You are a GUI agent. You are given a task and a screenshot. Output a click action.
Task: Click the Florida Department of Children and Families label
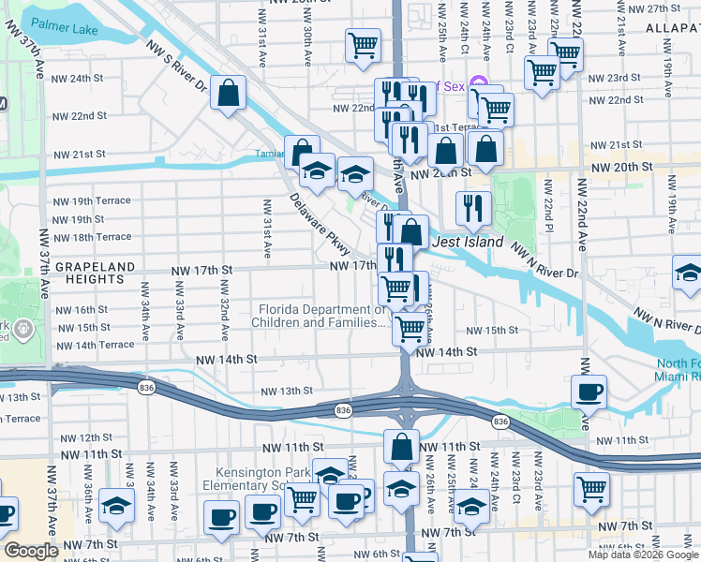[319, 317]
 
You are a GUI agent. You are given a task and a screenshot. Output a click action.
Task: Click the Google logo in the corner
[31, 551]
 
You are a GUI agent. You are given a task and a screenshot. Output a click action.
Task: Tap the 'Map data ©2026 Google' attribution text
[643, 555]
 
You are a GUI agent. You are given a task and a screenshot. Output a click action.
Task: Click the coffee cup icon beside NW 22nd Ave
[589, 391]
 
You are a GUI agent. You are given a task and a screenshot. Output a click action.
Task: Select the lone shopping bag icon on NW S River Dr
[229, 93]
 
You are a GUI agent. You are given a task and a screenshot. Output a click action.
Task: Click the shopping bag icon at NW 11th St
[401, 448]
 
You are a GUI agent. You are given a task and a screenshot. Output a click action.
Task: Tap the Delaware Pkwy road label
[320, 226]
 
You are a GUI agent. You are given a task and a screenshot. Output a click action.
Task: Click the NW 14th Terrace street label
[95, 345]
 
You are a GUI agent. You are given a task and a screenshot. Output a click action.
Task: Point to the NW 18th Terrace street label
[92, 237]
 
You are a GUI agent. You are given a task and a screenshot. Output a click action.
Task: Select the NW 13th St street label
[286, 391]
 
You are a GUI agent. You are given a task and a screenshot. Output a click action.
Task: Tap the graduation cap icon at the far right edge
[689, 275]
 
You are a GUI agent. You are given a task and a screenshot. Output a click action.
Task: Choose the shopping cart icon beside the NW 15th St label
[409, 329]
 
